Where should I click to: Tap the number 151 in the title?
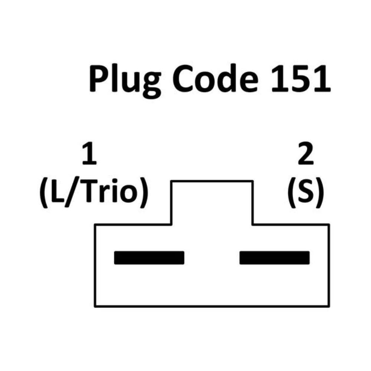tap(301, 78)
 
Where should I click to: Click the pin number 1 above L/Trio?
tap(89, 154)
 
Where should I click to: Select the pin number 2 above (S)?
tap(305, 154)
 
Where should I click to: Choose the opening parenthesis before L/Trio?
tap(44, 193)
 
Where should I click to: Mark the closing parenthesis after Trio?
tap(144, 193)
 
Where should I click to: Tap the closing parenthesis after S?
tap(319, 193)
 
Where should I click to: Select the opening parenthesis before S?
tap(292, 193)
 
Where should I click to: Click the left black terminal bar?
tap(149, 258)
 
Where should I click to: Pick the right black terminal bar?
tap(275, 258)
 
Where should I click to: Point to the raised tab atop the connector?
tap(212, 181)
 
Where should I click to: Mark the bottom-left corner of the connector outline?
tap(95, 306)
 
